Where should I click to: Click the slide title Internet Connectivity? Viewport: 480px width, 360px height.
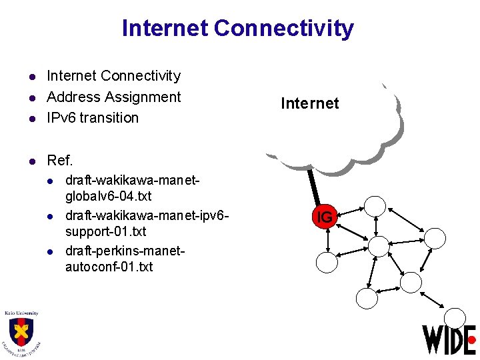[238, 29]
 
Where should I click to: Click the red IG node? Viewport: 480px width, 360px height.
[325, 217]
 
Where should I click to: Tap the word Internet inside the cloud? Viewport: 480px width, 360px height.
[310, 103]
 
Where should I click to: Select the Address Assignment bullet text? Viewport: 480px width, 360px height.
[113, 97]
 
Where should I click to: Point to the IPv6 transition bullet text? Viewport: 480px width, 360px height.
[93, 118]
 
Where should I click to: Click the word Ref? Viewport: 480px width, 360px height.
[59, 161]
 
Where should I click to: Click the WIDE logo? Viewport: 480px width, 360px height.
[449, 339]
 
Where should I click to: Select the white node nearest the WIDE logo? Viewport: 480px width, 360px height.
[455, 318]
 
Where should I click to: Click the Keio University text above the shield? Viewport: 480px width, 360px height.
[21, 313]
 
